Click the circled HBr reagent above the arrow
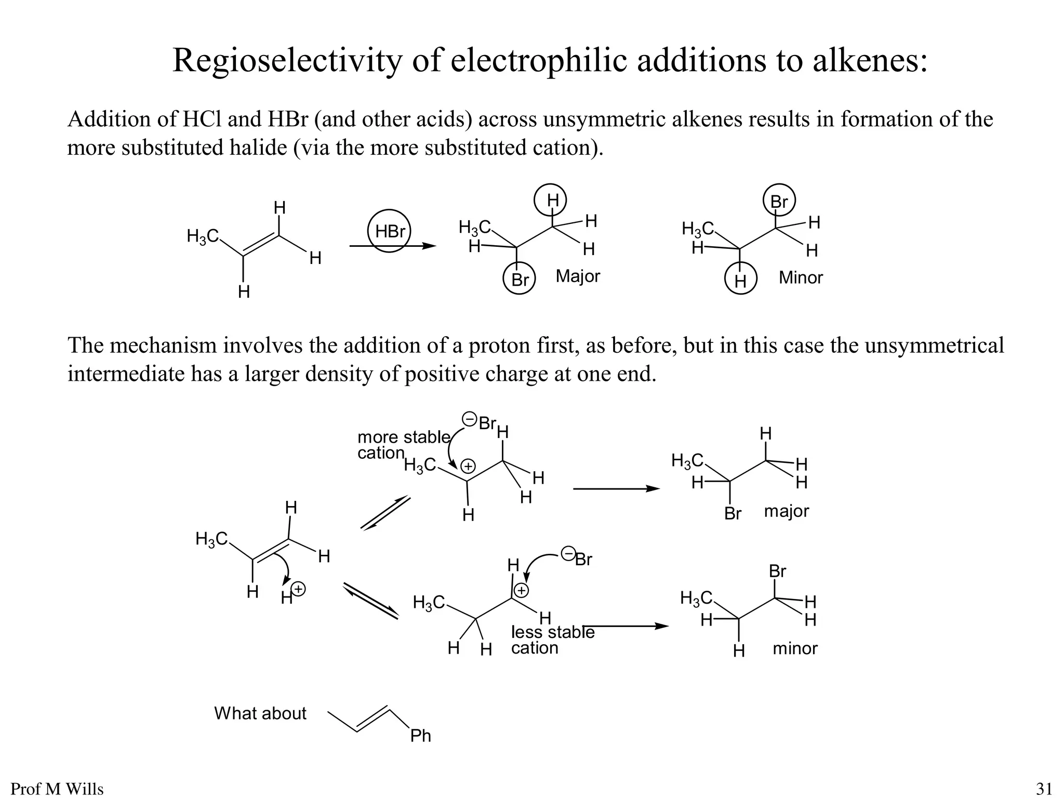click(389, 231)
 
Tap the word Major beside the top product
click(578, 276)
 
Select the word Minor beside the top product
click(801, 277)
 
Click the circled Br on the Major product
click(520, 280)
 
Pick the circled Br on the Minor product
click(779, 201)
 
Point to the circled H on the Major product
click(552, 200)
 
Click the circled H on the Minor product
click(741, 281)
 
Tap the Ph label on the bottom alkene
click(420, 736)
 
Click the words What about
click(260, 713)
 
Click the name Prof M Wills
click(57, 789)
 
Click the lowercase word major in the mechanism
click(786, 511)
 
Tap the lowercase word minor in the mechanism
click(795, 648)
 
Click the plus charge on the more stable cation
click(469, 466)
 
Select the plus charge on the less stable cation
click(521, 590)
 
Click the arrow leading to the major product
click(616, 489)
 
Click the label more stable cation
click(403, 445)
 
